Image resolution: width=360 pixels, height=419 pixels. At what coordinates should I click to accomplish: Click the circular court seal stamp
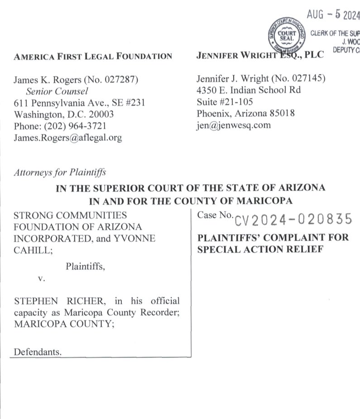(286, 35)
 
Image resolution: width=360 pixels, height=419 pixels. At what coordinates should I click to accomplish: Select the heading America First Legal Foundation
(93, 57)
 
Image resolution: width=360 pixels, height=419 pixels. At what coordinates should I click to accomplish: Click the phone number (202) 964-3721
(73, 126)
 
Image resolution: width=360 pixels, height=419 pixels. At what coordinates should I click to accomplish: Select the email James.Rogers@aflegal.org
(68, 138)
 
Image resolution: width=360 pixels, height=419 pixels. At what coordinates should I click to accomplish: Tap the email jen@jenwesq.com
(234, 125)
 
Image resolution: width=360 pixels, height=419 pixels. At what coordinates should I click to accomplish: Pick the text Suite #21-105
(225, 102)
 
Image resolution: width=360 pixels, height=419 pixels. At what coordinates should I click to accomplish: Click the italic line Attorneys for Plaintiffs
(60, 172)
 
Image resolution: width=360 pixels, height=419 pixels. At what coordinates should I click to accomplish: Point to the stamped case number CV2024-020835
(293, 220)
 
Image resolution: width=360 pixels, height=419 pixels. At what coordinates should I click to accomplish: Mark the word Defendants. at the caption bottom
(38, 352)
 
